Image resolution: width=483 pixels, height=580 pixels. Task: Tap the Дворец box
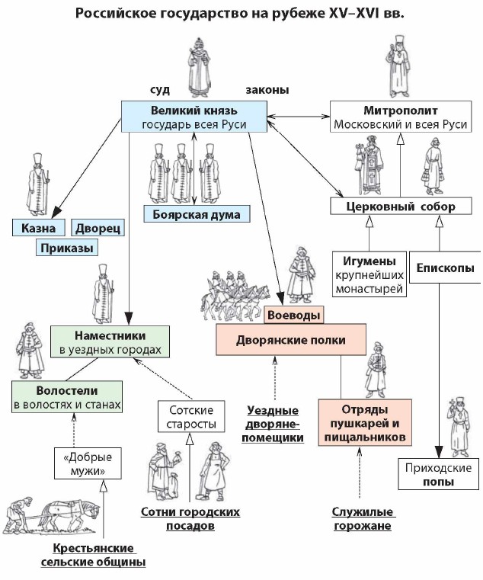coord(97,227)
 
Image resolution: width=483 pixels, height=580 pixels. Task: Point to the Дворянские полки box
coord(291,340)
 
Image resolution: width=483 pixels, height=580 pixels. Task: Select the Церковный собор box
coord(391,207)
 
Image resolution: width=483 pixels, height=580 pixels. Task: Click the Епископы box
coord(446,268)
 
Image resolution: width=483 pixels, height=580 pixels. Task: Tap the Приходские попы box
coord(437,474)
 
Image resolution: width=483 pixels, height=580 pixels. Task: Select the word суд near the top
coord(161,90)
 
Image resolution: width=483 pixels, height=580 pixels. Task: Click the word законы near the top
coord(267,90)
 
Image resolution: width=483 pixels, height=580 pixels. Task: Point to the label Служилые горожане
coord(362,519)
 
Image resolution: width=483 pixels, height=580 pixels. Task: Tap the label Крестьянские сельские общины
coord(94,555)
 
